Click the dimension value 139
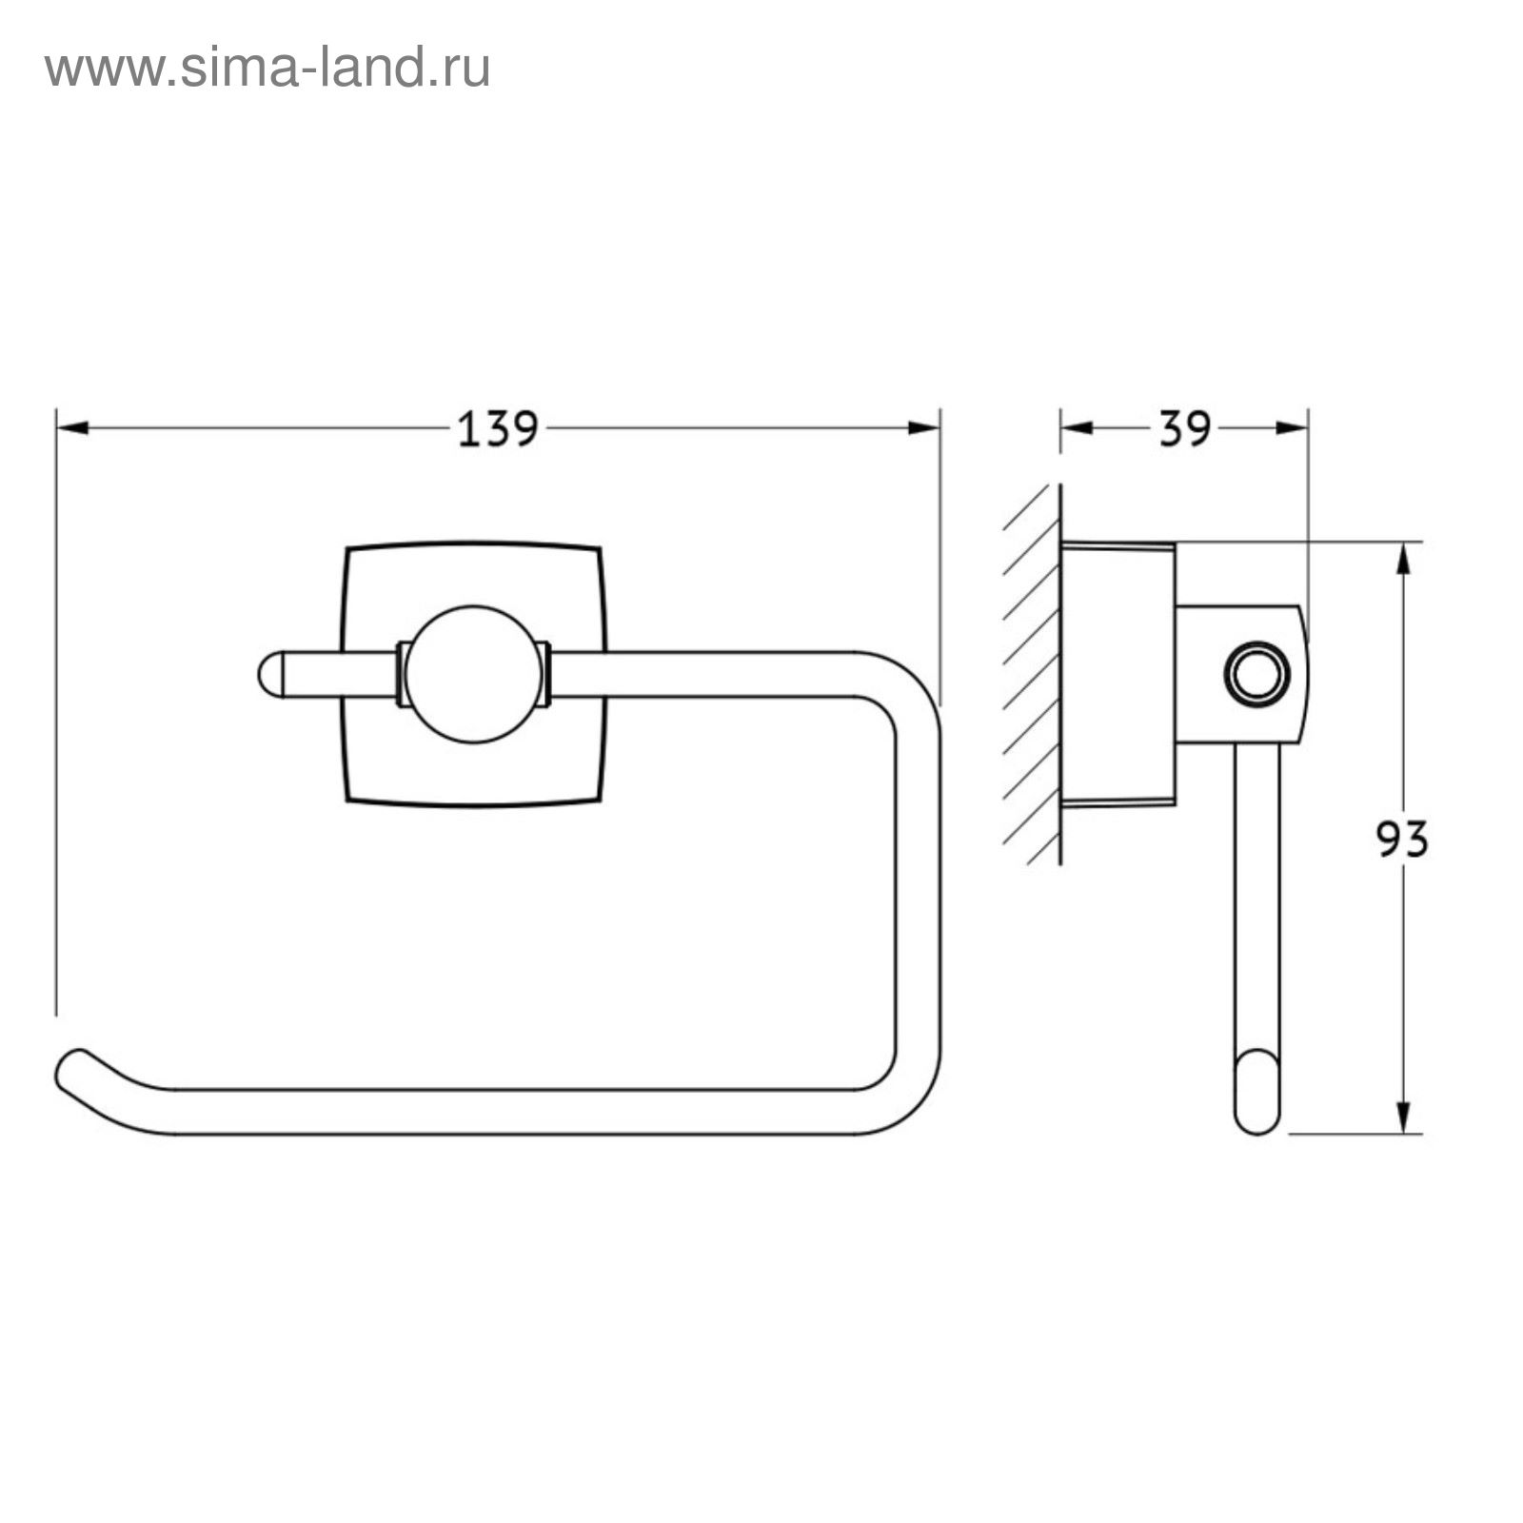(x=499, y=429)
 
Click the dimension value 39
(x=1185, y=429)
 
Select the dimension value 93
(x=1403, y=840)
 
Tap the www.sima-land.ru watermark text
(x=267, y=69)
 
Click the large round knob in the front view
(x=474, y=674)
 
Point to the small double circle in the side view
(x=1256, y=675)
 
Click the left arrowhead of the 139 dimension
(x=72, y=428)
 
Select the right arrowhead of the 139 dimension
(x=924, y=428)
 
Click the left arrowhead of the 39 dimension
(x=1077, y=428)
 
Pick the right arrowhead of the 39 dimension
(x=1292, y=428)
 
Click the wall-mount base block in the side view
(x=1118, y=675)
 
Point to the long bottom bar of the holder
(x=514, y=1111)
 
